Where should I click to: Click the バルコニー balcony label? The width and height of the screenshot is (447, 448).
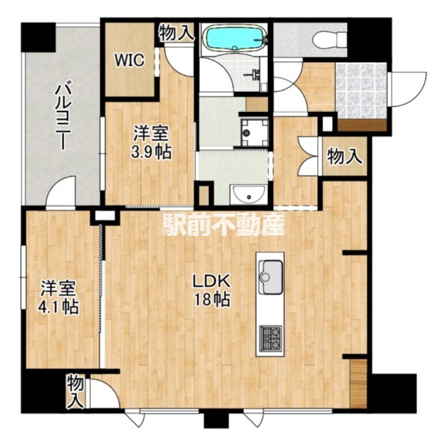[61, 115]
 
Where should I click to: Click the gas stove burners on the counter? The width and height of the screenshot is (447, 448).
[270, 338]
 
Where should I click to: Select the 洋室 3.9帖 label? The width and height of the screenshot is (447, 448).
[151, 143]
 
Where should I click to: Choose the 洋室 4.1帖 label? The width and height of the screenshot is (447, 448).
[59, 297]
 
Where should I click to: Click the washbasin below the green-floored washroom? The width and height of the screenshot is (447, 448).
[249, 195]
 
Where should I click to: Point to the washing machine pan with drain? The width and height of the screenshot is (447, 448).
[254, 132]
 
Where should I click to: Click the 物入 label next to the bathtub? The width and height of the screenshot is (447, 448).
[176, 33]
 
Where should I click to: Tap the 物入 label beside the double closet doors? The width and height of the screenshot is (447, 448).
[345, 157]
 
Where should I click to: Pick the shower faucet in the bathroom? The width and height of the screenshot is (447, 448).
[256, 75]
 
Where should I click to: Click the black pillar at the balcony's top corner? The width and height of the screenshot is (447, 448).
[38, 37]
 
